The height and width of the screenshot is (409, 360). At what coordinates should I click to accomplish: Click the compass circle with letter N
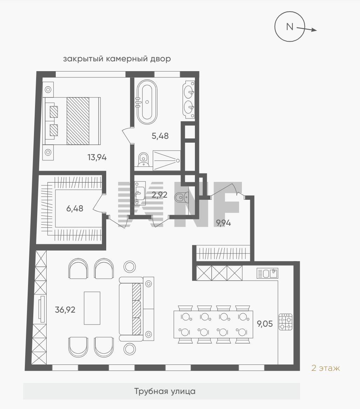point(290,15)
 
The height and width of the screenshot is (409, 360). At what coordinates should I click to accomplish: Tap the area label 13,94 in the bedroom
point(97,158)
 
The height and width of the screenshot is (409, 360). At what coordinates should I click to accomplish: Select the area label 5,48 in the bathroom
point(160,136)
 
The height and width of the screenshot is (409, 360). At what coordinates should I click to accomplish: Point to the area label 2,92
point(159,195)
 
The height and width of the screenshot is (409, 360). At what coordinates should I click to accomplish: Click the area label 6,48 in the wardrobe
point(75,209)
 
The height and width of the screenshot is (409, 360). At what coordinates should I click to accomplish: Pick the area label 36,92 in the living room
point(65,309)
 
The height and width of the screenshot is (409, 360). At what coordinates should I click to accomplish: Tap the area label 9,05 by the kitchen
point(265,324)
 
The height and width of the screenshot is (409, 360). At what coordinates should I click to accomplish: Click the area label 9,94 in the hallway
point(223,223)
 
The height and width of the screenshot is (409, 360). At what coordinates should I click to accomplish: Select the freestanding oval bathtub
point(147,102)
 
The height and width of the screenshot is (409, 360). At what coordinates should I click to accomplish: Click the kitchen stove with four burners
point(285,322)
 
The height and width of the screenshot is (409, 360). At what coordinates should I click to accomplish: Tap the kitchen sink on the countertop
point(268,273)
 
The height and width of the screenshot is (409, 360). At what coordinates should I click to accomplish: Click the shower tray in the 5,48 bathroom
point(167,160)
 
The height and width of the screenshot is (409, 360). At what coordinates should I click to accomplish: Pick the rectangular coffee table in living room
point(92,308)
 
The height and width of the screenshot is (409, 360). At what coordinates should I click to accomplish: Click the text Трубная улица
point(165,391)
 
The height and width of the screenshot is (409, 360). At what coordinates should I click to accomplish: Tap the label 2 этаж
point(326,368)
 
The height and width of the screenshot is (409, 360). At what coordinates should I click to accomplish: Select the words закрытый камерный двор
point(117,59)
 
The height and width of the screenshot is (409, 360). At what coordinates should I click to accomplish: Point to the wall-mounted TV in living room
point(41,309)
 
